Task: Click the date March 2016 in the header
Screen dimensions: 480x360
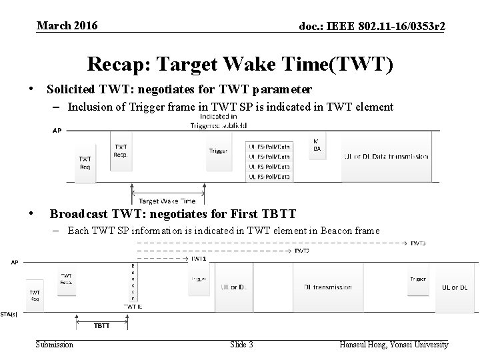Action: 67,26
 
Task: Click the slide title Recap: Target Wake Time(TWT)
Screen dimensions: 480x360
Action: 241,64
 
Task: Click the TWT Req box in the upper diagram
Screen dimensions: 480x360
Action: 85,163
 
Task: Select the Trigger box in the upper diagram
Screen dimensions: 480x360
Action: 217,151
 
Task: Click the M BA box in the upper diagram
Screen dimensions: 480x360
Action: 317,145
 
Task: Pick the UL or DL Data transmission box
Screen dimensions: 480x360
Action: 386,157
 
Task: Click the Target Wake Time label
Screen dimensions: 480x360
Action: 167,201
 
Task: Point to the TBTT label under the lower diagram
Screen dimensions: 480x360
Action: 102,327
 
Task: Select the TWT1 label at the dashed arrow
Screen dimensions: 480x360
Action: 198,258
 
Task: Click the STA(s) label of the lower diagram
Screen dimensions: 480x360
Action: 9,313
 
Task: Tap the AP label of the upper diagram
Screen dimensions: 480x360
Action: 57,131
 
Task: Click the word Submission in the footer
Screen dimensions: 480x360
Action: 55,345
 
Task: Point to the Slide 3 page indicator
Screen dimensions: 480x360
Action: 241,345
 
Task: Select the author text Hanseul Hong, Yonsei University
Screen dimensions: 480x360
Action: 394,345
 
